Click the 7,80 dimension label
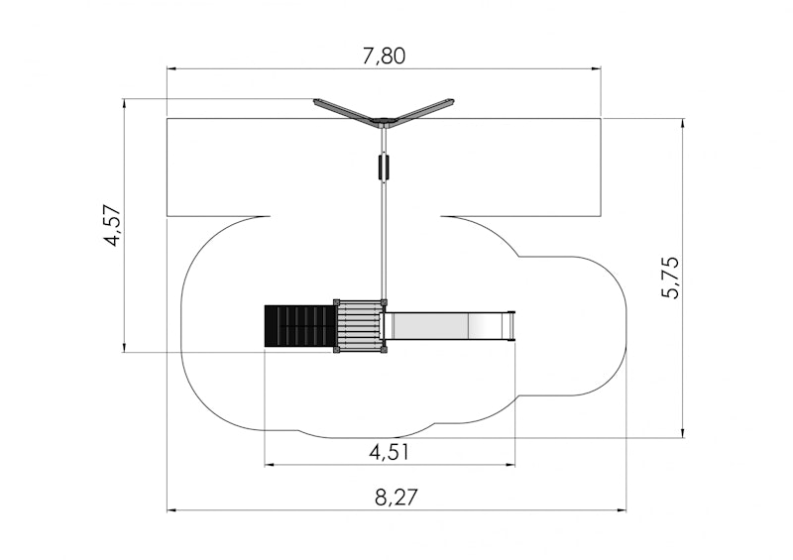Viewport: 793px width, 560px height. point(384,56)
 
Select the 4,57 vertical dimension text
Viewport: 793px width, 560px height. point(113,225)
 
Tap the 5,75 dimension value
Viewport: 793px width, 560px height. point(672,278)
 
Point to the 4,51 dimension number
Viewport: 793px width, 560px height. point(389,452)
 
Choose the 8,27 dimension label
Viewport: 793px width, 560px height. point(396,498)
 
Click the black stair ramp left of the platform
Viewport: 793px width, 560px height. point(299,326)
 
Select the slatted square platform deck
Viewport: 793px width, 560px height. point(359,326)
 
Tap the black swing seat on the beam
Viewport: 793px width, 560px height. point(384,167)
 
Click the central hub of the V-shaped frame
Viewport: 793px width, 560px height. point(383,121)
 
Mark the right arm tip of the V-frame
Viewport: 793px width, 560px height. point(451,101)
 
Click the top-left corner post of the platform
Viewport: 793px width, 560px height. point(336,302)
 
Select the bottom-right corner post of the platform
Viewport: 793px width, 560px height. point(384,350)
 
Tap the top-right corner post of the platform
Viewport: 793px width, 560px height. point(384,302)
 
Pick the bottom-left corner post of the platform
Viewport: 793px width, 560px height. point(336,350)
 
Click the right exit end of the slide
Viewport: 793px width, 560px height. point(511,327)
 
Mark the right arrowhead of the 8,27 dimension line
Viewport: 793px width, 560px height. point(621,510)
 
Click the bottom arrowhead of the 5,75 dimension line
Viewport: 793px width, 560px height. point(683,432)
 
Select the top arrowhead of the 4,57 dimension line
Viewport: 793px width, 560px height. point(123,104)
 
